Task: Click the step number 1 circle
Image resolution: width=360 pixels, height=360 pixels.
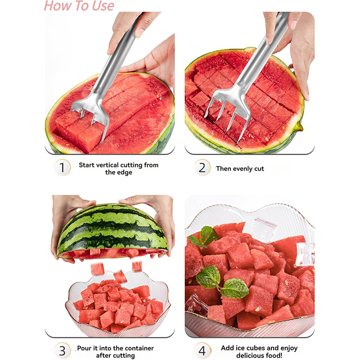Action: [62, 167]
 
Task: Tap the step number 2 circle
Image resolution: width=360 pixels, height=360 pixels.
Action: [202, 167]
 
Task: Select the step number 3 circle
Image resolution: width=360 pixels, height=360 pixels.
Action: [62, 351]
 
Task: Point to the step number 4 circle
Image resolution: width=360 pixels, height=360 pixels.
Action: [202, 351]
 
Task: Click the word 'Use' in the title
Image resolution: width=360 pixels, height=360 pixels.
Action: [103, 6]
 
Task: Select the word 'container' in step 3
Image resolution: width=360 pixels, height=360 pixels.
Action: [140, 348]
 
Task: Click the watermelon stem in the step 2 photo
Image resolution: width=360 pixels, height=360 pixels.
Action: [299, 126]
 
